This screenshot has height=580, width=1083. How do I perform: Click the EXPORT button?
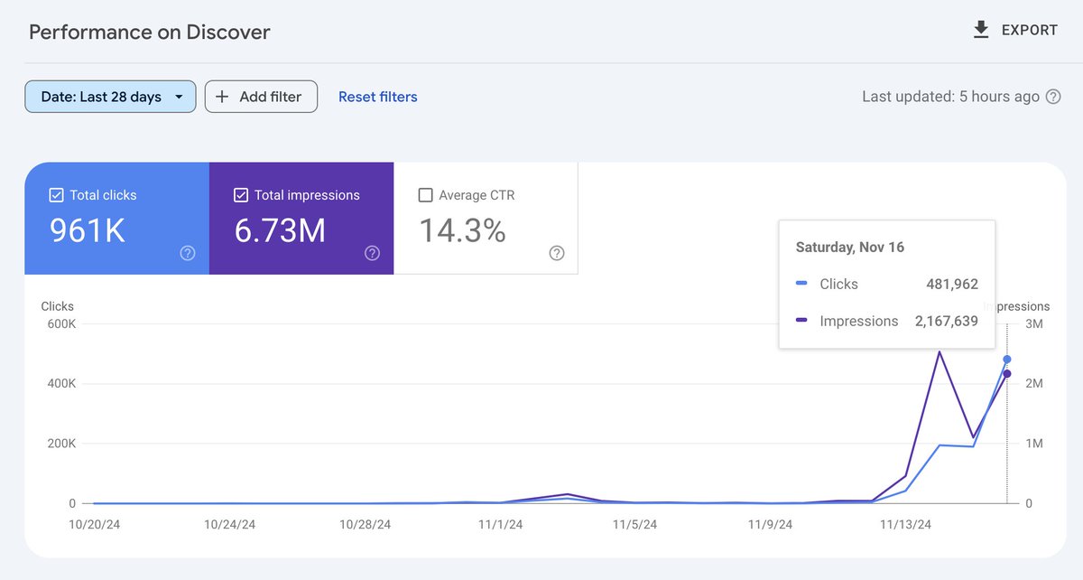pyautogui.click(x=1015, y=30)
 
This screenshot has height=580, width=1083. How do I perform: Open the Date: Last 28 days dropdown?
pyautogui.click(x=110, y=97)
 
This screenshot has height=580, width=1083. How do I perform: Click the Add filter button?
pyautogui.click(x=261, y=97)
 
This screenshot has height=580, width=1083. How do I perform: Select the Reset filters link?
pyautogui.click(x=377, y=97)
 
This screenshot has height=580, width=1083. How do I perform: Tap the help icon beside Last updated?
pyautogui.click(x=1052, y=97)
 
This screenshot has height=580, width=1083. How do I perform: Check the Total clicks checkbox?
pyautogui.click(x=56, y=195)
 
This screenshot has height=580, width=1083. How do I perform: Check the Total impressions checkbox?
pyautogui.click(x=241, y=195)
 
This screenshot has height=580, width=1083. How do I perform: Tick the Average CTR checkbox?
pyautogui.click(x=426, y=195)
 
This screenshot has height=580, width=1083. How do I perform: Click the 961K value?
pyautogui.click(x=88, y=231)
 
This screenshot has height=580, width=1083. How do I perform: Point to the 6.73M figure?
pyautogui.click(x=280, y=231)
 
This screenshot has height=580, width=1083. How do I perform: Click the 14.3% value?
pyautogui.click(x=462, y=231)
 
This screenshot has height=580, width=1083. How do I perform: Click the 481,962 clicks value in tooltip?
pyautogui.click(x=951, y=284)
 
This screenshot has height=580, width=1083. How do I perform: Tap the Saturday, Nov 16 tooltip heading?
pyautogui.click(x=849, y=247)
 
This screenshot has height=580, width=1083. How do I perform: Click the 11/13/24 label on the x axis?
pyautogui.click(x=905, y=524)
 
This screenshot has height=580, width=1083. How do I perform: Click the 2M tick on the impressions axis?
pyautogui.click(x=1034, y=383)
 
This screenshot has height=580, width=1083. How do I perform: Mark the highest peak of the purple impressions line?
pyautogui.click(x=940, y=351)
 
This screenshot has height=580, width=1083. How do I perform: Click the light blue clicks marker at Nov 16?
pyautogui.click(x=1007, y=359)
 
